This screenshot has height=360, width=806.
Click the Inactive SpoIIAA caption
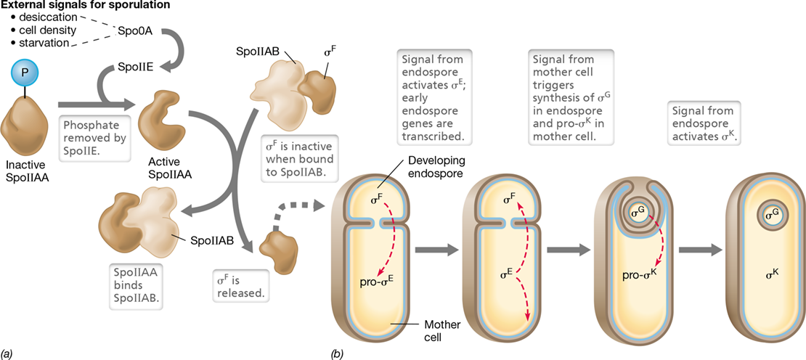27,170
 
